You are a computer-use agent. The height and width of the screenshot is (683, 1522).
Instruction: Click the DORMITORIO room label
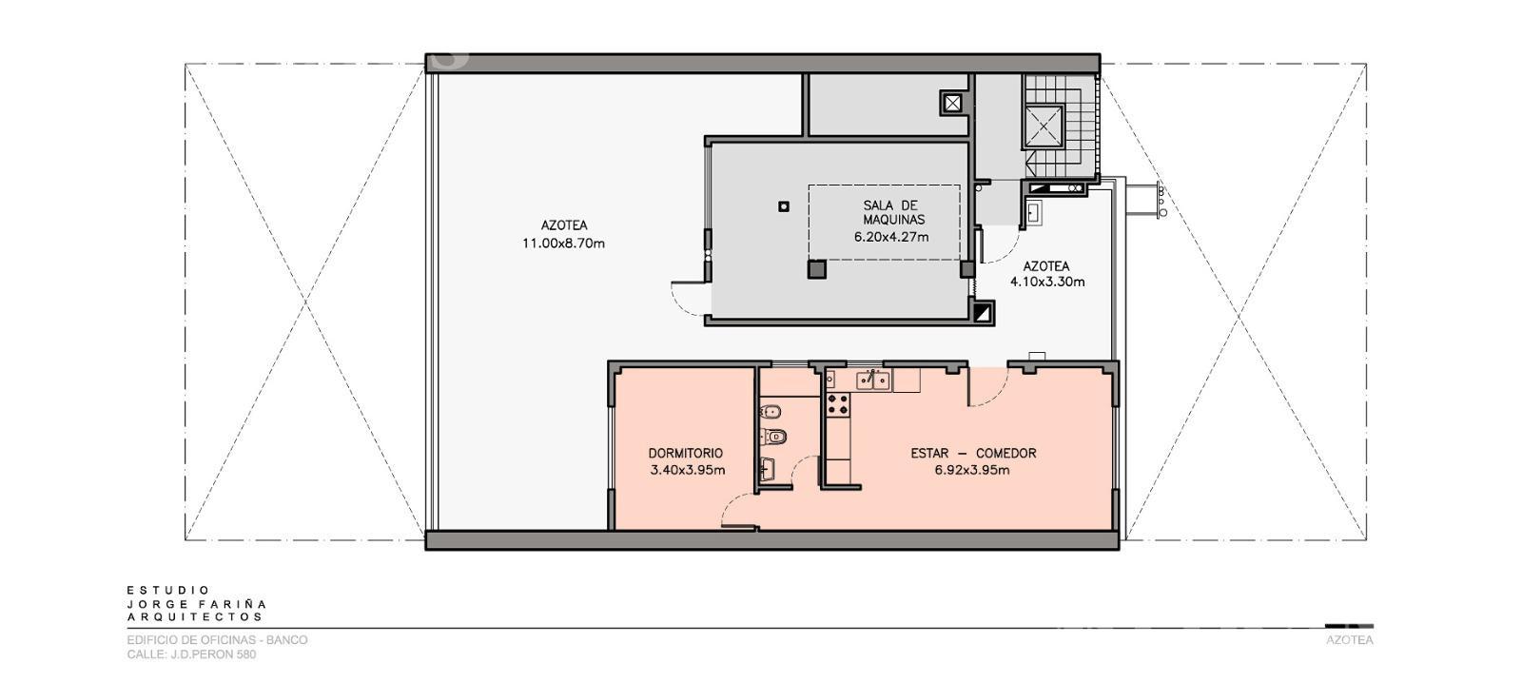(685, 454)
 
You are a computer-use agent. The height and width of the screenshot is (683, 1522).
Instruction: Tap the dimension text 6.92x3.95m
(972, 470)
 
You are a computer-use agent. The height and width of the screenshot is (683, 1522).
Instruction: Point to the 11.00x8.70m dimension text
(563, 244)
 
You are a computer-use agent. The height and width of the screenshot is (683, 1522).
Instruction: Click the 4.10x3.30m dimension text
(1047, 282)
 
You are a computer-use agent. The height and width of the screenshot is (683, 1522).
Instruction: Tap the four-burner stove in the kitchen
(837, 404)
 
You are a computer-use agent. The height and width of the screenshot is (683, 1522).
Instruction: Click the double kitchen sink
(872, 381)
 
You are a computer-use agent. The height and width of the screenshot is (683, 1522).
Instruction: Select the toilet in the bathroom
(774, 436)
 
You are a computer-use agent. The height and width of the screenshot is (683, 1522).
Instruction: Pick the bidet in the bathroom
(771, 411)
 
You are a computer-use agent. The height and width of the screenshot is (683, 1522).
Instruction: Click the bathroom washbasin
(768, 470)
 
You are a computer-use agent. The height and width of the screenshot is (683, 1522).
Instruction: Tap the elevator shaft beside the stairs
(1043, 126)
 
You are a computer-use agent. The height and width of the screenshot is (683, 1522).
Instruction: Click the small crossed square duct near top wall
(952, 104)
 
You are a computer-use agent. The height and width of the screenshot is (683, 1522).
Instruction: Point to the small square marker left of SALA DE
(784, 205)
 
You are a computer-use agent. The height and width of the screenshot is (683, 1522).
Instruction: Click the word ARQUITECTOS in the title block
(195, 617)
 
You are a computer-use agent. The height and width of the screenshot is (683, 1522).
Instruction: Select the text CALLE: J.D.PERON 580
(191, 654)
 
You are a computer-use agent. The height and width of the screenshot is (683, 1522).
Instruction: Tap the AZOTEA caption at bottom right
(1350, 640)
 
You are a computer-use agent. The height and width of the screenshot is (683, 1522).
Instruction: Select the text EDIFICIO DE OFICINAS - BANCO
(218, 640)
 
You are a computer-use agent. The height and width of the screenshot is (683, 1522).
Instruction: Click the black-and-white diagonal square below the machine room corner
(983, 313)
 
